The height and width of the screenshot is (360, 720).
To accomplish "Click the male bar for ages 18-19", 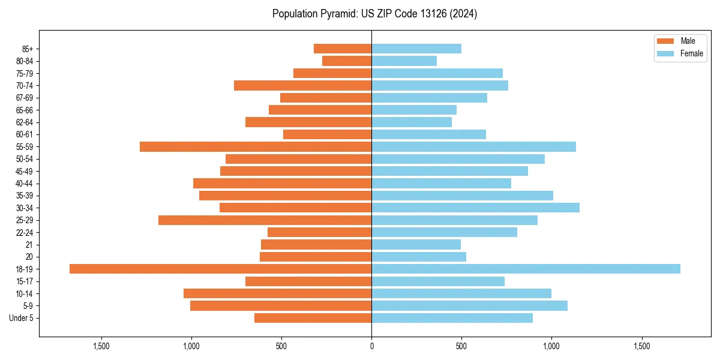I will point(220,269).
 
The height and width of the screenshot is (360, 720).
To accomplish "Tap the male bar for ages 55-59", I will point(256,146).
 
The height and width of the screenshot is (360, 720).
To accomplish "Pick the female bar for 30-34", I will point(475,208).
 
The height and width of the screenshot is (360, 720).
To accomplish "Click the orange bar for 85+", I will point(343,49).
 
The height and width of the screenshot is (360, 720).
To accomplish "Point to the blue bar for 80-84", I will point(404,61).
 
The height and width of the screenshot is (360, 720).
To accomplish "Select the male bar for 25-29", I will point(265,220).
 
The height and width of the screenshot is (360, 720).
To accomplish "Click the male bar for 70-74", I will point(302,85).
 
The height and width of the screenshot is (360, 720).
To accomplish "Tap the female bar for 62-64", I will point(412,122).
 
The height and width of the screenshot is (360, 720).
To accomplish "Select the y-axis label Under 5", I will point(22,318).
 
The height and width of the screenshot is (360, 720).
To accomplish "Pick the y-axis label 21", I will point(29,245).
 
